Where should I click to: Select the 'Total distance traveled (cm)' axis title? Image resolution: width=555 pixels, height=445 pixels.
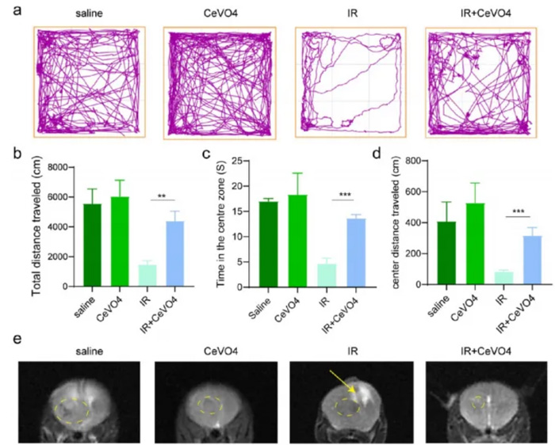36,226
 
